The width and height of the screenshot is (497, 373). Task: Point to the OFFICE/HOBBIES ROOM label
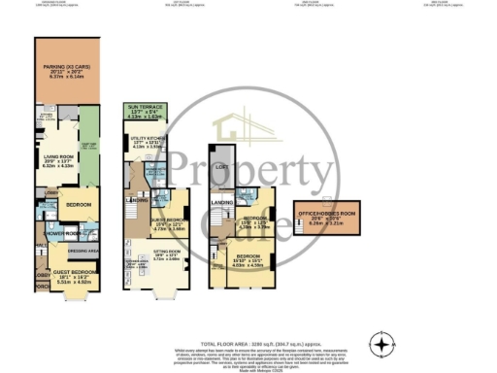(x=329, y=214)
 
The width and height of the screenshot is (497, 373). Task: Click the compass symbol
(x=385, y=344)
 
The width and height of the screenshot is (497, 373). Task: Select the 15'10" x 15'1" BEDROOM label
(x=246, y=259)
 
